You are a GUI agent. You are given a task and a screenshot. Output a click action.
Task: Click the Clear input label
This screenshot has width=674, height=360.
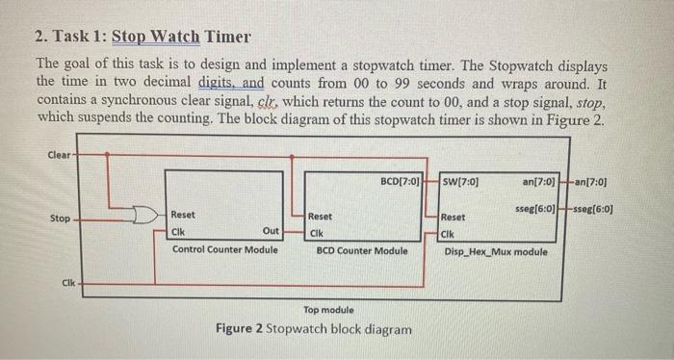[x=59, y=154]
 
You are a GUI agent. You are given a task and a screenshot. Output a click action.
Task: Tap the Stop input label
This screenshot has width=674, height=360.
[x=60, y=219]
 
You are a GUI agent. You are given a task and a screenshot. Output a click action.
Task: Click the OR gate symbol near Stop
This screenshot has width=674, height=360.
[x=145, y=214]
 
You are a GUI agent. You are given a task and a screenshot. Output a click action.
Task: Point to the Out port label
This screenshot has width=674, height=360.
[x=271, y=232]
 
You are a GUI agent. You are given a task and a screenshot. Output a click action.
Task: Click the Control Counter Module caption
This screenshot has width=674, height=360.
[x=224, y=250]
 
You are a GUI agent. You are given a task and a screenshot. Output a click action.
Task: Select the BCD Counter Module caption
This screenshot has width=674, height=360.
[x=362, y=250]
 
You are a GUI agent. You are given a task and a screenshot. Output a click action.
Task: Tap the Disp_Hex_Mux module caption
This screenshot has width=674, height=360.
[x=496, y=252]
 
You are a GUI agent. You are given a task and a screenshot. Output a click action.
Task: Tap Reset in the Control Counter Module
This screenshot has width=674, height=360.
[x=183, y=216]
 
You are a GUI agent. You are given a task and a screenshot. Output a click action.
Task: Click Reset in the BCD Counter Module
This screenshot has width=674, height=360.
[x=321, y=218]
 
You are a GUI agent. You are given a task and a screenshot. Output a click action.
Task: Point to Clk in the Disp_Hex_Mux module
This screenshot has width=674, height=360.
[x=450, y=233]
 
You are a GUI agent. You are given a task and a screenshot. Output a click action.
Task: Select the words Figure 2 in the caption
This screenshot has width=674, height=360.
[x=241, y=329]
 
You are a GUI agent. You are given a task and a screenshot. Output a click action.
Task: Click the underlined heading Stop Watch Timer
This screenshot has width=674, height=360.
[x=181, y=38]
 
